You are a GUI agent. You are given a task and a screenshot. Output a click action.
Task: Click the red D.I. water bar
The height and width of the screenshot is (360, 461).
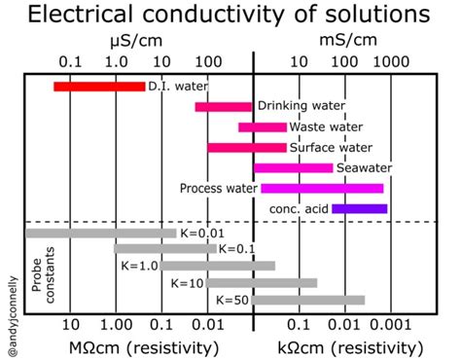click(99, 87)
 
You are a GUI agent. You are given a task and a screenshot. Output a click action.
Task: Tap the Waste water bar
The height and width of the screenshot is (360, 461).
click(263, 126)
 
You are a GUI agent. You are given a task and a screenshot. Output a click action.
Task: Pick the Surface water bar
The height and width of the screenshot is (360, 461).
click(247, 147)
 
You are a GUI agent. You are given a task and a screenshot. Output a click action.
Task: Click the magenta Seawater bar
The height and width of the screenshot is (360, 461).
click(293, 167)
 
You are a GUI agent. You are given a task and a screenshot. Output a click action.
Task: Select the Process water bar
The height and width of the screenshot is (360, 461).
click(322, 188)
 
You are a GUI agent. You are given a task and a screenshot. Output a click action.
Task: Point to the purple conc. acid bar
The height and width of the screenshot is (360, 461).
click(359, 208)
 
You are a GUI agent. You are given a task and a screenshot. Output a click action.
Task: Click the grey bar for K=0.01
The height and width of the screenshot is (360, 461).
click(101, 233)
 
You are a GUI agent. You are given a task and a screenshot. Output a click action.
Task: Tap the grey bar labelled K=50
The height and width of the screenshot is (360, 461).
click(308, 300)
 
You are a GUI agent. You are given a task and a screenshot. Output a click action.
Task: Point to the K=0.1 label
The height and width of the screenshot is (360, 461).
click(236, 250)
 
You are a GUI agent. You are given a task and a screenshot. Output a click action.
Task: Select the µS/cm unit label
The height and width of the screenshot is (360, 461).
click(135, 42)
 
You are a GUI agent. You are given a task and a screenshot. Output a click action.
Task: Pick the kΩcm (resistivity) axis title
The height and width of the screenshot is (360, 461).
click(346, 345)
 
